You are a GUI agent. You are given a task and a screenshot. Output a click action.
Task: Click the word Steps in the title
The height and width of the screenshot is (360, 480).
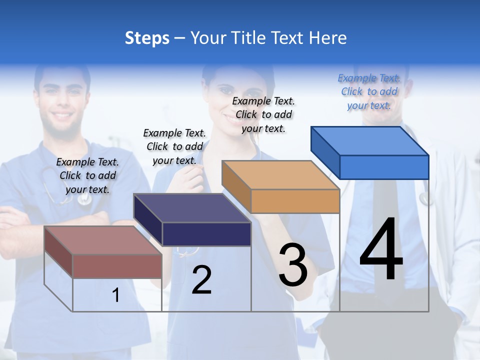pyautogui.click(x=147, y=38)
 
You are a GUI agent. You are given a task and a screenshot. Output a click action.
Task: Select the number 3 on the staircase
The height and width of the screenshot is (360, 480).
pyautogui.click(x=293, y=264)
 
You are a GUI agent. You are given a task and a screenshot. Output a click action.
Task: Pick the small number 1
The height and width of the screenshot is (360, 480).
pyautogui.click(x=116, y=295)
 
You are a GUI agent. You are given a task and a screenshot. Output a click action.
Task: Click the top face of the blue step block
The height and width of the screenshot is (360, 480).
pyautogui.click(x=370, y=141)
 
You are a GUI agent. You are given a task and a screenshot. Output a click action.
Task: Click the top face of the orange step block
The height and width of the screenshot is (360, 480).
pyautogui.click(x=280, y=175)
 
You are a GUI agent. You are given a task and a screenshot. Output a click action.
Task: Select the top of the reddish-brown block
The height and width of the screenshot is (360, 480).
pyautogui.click(x=103, y=240)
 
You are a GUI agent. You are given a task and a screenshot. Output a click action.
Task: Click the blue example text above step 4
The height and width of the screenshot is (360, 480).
pyautogui.click(x=369, y=91)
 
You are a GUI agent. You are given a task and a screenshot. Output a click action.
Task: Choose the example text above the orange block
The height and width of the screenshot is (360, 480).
pyautogui.click(x=263, y=114)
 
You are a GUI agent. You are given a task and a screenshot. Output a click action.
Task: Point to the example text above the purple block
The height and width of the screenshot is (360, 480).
pyautogui.click(x=174, y=146)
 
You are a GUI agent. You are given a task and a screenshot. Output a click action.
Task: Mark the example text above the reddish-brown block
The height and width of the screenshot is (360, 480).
pyautogui.click(x=87, y=175)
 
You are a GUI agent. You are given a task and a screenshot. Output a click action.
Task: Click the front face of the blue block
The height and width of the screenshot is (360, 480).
pyautogui.click(x=384, y=167)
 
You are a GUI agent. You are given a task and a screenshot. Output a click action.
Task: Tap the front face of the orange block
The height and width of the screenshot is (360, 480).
pyautogui.click(x=295, y=201)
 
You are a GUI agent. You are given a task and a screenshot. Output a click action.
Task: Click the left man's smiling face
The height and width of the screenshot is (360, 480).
pyautogui.click(x=63, y=105)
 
